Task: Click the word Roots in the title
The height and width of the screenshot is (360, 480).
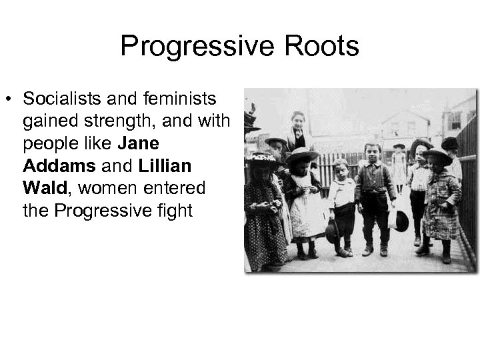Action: click(x=325, y=47)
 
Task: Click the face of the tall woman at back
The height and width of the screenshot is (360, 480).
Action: click(x=298, y=122)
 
